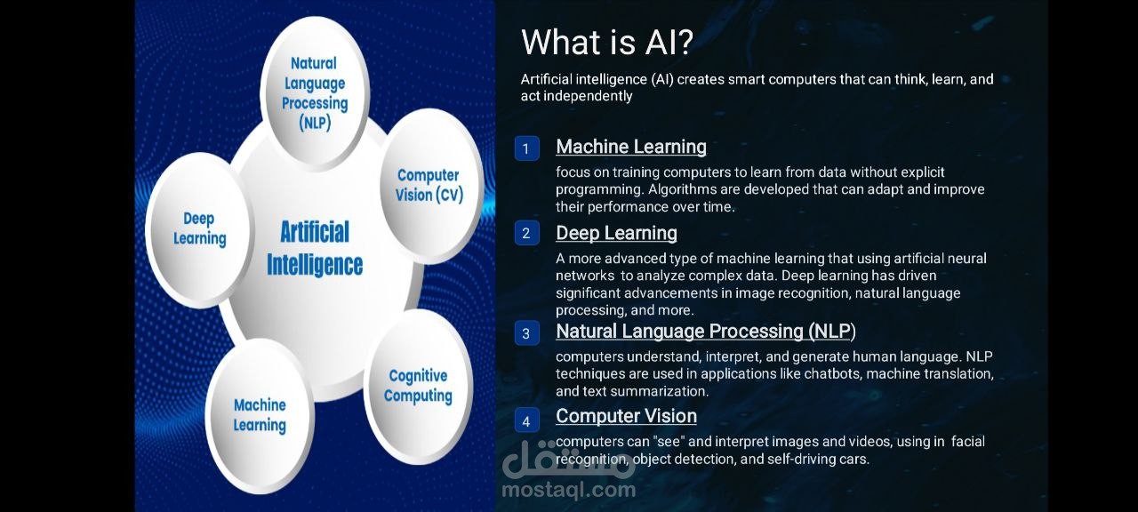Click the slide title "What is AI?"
point(607,42)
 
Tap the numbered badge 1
point(527,148)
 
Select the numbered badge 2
point(527,233)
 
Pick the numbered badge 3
point(527,333)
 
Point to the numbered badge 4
point(527,421)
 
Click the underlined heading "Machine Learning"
point(631,147)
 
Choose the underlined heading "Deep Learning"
point(616,233)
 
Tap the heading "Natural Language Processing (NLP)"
point(706,332)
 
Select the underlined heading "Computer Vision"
point(626,416)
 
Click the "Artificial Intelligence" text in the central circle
point(315,248)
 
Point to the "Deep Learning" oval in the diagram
point(199,229)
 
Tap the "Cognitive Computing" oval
point(418,386)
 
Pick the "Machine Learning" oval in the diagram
point(260,415)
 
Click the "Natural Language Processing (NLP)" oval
point(315,93)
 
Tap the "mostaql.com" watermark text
point(568,490)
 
